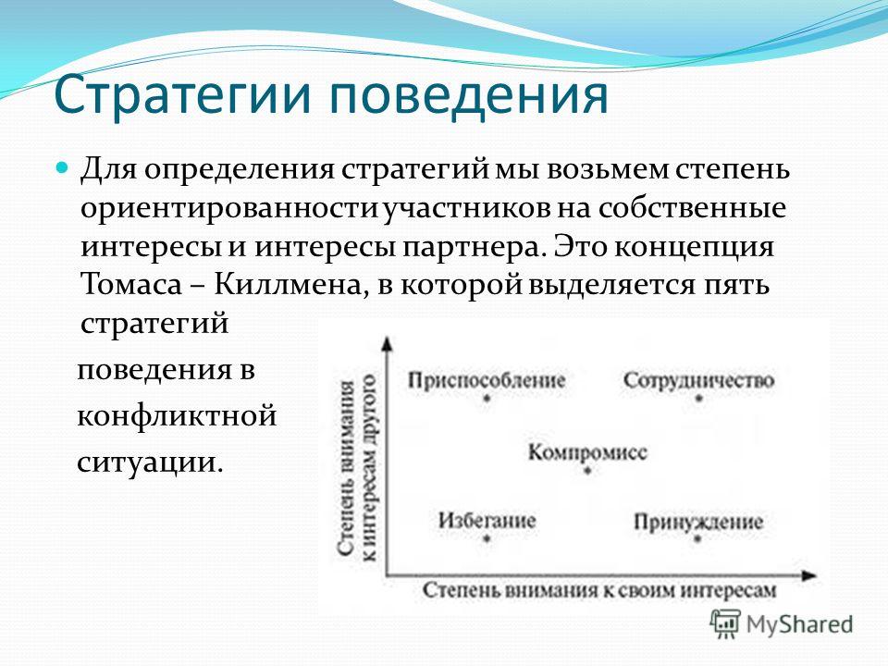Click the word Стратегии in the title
pyautogui.click(x=182, y=94)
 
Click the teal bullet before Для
pyautogui.click(x=63, y=167)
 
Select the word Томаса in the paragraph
pyautogui.click(x=131, y=284)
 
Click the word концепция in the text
pyautogui.click(x=695, y=248)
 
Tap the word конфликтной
pyautogui.click(x=177, y=415)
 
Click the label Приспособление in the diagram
pyautogui.click(x=487, y=380)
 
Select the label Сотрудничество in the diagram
pyautogui.click(x=698, y=380)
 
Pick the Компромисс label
pyautogui.click(x=587, y=452)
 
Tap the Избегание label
pyautogui.click(x=487, y=520)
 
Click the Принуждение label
pyautogui.click(x=698, y=522)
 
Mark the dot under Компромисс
pyautogui.click(x=587, y=470)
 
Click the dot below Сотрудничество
pyautogui.click(x=699, y=398)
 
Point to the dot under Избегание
pyautogui.click(x=487, y=538)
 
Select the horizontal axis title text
pyautogui.click(x=599, y=590)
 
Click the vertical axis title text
pyautogui.click(x=357, y=468)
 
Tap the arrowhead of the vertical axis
pyautogui.click(x=387, y=343)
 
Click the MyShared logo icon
pyautogui.click(x=725, y=624)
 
